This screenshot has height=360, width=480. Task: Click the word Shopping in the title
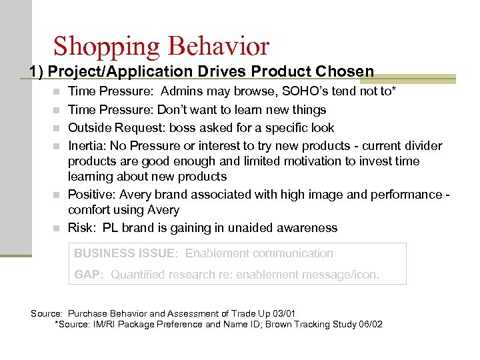107,46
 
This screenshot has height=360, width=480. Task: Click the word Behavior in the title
219,46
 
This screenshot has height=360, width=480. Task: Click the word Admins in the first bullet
183,91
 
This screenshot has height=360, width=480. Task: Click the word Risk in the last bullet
81,228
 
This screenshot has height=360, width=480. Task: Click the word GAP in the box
87,275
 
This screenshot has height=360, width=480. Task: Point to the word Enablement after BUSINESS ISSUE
217,253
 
